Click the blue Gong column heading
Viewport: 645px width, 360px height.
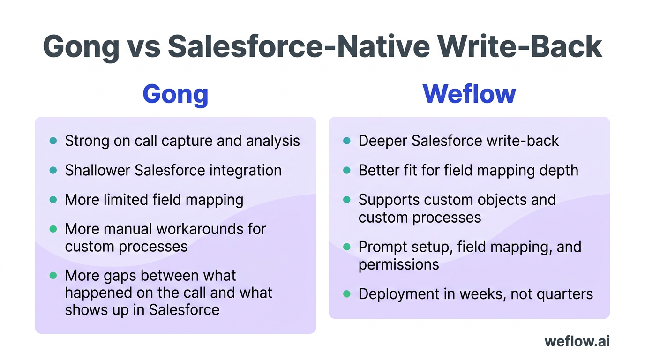click(x=175, y=94)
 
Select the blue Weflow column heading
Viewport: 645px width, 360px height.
click(x=469, y=94)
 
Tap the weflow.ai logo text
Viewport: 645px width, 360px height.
click(x=577, y=341)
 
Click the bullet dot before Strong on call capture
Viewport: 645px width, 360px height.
click(x=53, y=141)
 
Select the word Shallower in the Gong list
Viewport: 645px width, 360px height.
click(x=97, y=170)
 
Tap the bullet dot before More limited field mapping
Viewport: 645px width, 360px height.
click(x=53, y=200)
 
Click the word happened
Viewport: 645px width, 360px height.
click(x=99, y=293)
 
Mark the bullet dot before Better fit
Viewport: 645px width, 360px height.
click(x=347, y=170)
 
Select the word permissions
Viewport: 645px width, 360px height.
click(x=398, y=264)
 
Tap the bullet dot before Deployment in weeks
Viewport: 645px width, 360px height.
click(x=347, y=294)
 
